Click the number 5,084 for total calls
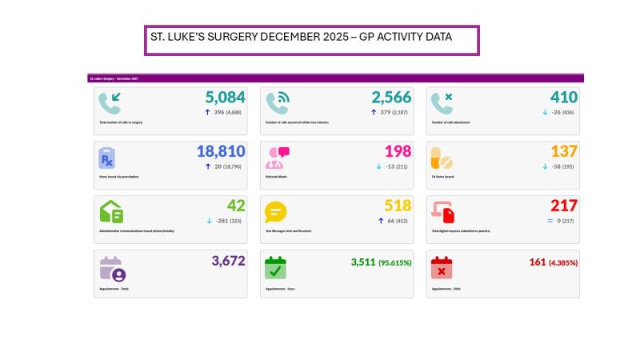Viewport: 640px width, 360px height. coord(225,98)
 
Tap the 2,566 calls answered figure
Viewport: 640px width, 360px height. coord(391,98)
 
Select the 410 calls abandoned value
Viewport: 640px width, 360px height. coord(563,98)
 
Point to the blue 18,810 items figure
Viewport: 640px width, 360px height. coord(221,151)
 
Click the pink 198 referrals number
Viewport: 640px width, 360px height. coord(398,151)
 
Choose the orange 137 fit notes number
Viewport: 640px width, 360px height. coord(563,151)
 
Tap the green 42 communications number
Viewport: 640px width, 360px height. coord(235,206)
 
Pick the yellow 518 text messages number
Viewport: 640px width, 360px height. coord(398,206)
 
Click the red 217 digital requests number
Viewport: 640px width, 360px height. coord(563,206)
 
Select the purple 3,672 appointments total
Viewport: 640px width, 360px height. coord(228,261)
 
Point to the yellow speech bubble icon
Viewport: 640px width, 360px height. coord(276,212)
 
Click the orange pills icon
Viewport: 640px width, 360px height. coord(441,158)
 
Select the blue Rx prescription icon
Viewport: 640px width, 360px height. coord(107,158)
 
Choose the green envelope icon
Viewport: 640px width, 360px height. coord(111,212)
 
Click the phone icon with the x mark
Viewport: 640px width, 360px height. coord(441,103)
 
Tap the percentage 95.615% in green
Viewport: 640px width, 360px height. coord(395,262)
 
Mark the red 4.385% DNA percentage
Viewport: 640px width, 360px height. coord(563,262)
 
